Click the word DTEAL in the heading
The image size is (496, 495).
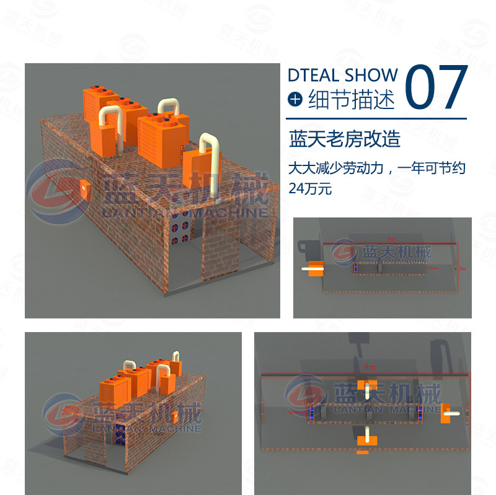click(313, 76)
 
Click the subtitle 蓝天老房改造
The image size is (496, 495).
click(345, 139)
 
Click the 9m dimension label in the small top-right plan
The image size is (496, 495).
click(390, 238)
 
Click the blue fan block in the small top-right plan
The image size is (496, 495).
click(356, 269)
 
